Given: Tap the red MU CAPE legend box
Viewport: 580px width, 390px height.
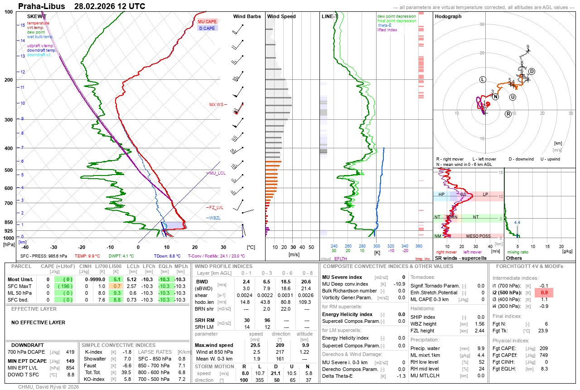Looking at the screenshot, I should tap(208, 21).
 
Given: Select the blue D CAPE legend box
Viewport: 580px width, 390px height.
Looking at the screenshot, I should tap(208, 28).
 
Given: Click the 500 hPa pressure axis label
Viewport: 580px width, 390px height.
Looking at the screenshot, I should tap(9, 170).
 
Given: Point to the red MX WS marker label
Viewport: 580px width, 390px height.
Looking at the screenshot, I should tap(217, 105).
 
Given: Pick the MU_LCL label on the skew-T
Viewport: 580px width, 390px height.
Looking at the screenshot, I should tap(217, 173).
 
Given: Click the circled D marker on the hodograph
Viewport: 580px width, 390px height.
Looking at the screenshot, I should tap(532, 71).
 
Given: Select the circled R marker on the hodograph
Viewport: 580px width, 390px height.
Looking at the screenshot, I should tap(508, 114).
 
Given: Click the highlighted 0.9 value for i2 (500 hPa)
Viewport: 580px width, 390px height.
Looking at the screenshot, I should tap(544, 292).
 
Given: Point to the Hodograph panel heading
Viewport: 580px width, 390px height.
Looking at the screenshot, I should tap(448, 16).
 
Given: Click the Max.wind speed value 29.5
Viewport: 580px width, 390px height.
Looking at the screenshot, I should tap(256, 345).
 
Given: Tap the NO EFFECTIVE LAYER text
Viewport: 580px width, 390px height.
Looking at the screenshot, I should tap(38, 322).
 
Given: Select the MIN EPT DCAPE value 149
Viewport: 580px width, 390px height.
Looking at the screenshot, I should tap(70, 361).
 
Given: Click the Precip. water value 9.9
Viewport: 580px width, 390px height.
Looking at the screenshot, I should tap(481, 348).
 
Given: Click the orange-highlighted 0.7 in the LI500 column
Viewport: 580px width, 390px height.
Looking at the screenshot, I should tap(117, 286).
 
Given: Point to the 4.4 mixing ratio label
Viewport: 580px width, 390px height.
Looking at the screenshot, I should tap(517, 223).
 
